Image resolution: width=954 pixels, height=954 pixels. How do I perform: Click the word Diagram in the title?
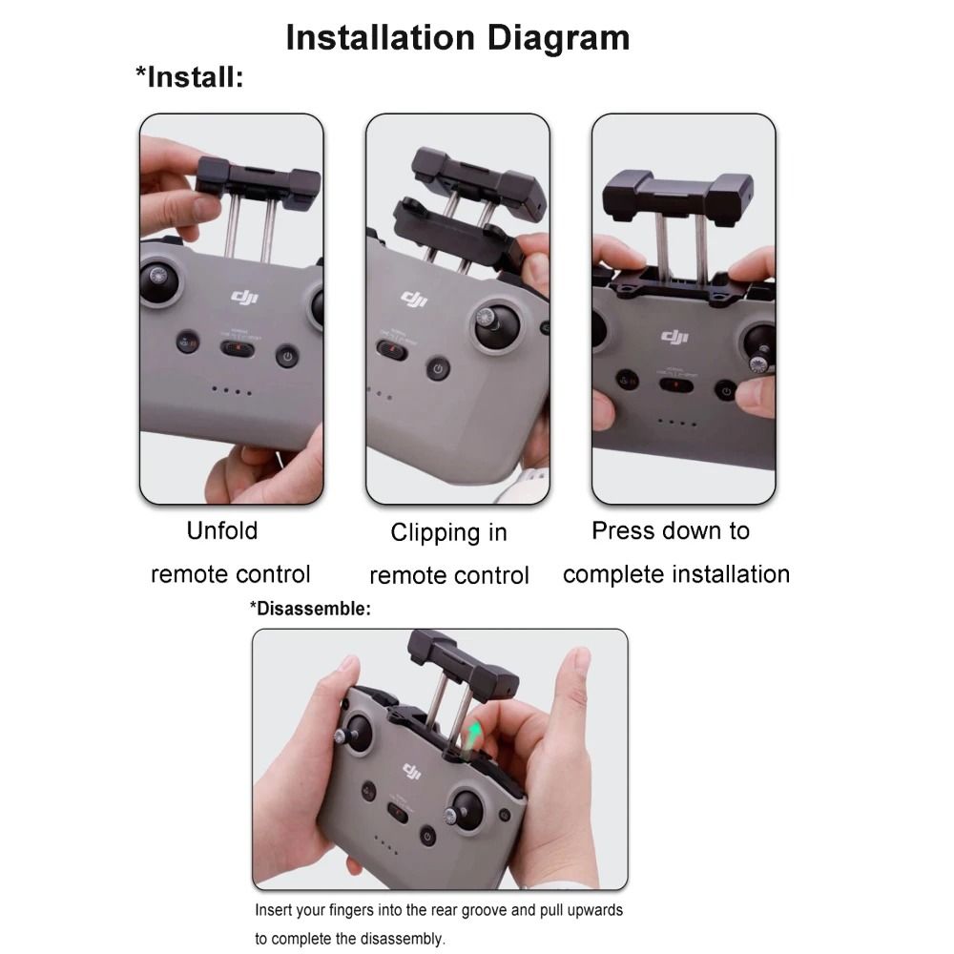tap(558, 38)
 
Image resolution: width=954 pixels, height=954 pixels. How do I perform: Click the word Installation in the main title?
tap(381, 38)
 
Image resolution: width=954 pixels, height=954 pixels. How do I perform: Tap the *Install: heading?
tap(189, 77)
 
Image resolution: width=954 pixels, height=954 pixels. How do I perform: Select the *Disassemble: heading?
tap(310, 609)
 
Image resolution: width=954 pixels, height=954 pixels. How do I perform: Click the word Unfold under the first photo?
tap(222, 530)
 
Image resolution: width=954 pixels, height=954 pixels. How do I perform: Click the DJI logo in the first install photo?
tap(244, 297)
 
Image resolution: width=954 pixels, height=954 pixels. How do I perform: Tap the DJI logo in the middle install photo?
tap(414, 299)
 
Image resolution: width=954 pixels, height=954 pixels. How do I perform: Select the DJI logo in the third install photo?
tap(674, 337)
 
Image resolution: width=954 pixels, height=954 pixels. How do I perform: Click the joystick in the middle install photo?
tap(495, 325)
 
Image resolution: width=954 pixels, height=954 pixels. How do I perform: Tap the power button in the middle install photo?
tap(438, 368)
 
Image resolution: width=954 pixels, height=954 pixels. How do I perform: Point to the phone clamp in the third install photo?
tap(677, 195)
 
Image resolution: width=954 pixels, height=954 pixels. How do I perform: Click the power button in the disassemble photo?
tap(427, 837)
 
